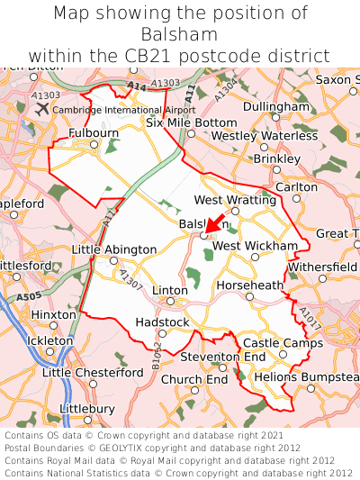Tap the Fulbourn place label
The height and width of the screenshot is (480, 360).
tap(94, 133)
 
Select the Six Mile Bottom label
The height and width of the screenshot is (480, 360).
tap(192, 122)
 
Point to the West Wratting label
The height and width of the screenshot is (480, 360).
tap(229, 200)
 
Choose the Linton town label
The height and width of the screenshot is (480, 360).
tap(171, 290)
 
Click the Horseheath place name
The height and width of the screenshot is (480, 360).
tap(250, 285)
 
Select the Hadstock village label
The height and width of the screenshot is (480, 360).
tap(162, 322)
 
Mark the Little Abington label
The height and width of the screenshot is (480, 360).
tap(113, 249)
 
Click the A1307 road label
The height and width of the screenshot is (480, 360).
tap(130, 280)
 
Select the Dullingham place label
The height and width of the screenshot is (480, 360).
tap(276, 106)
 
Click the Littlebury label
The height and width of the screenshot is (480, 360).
tap(86, 408)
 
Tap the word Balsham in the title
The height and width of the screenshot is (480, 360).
tap(180, 34)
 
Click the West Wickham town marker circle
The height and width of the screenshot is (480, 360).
tap(255, 257)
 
